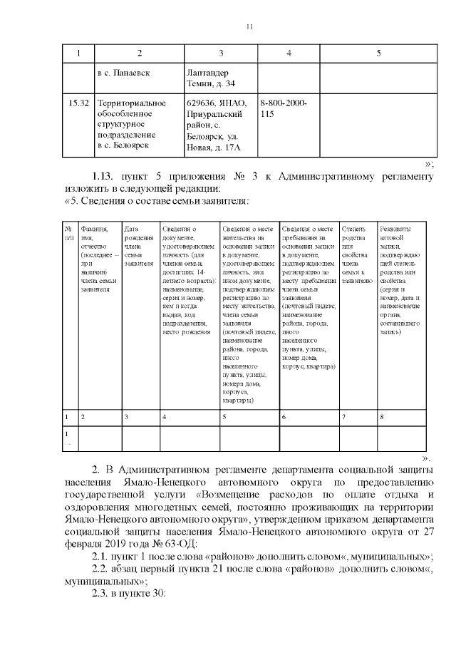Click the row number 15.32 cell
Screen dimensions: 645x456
(x=78, y=104)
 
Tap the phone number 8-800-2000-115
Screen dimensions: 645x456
(x=284, y=108)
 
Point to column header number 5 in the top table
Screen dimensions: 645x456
(x=378, y=53)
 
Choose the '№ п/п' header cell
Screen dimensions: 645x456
(x=68, y=232)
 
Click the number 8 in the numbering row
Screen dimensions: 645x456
(x=383, y=416)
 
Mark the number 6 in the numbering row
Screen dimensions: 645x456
(x=284, y=416)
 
